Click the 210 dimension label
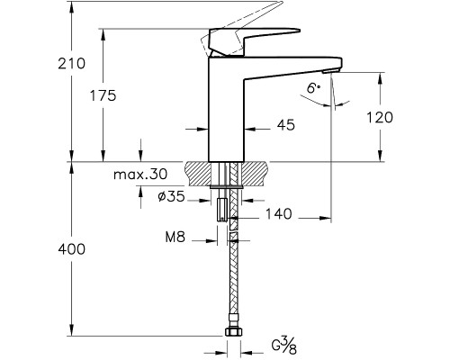[x=71, y=64]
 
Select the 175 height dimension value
[x=103, y=95]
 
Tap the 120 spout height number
[x=380, y=117]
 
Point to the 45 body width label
[x=286, y=125]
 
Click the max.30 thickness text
[x=140, y=174]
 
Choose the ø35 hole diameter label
[x=171, y=197]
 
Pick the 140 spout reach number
[x=279, y=214]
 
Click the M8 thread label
[x=175, y=238]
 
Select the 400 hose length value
[x=71, y=249]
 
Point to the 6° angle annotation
[x=314, y=88]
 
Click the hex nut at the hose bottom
[x=233, y=332]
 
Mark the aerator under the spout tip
[x=330, y=71]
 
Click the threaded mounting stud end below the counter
[x=221, y=210]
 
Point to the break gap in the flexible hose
[x=233, y=229]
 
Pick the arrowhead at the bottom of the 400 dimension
[x=71, y=330]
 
